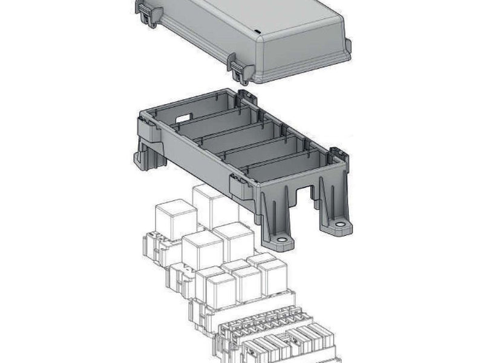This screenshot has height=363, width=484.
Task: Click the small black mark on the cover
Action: [257, 30]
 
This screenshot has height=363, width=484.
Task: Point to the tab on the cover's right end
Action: [347, 48]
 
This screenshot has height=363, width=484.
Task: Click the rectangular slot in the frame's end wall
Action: [184, 118]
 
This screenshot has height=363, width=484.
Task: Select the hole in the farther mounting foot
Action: [341, 224]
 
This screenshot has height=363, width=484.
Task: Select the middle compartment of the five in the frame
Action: [238, 136]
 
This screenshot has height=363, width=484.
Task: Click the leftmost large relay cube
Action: [175, 219]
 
